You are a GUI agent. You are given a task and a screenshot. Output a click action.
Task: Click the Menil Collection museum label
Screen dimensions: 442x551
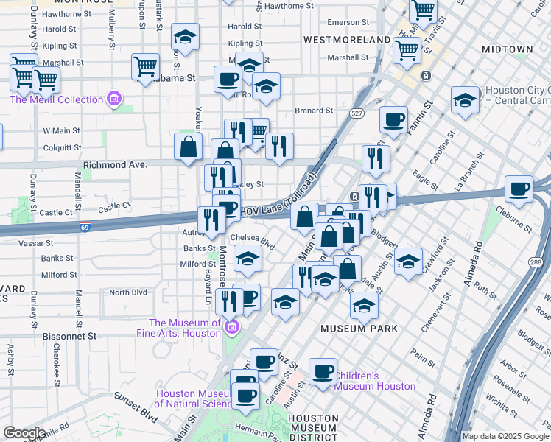point(56,100)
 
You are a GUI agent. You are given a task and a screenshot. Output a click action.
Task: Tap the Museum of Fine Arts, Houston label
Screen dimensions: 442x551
point(185,328)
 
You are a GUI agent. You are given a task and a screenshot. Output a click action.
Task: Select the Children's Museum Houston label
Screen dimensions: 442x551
point(375,381)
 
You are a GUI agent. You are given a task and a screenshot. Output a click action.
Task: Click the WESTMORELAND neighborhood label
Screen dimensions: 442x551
point(347,39)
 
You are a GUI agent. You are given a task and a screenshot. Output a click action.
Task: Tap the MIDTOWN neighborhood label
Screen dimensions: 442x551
point(506,49)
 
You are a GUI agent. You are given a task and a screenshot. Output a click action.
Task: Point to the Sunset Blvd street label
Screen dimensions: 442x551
point(136,407)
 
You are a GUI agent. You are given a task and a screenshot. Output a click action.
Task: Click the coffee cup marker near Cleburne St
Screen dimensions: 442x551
point(520,189)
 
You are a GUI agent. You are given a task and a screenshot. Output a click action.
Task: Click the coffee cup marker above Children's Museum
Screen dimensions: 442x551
point(323,371)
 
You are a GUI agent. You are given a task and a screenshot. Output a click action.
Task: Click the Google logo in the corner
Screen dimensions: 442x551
point(24,433)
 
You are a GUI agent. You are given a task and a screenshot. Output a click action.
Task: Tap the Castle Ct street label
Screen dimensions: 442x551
point(55,212)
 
